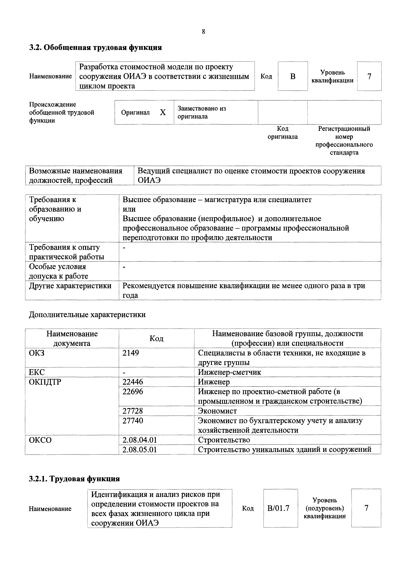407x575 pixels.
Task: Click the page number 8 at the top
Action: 203,32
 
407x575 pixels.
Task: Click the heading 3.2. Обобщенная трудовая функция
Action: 95,47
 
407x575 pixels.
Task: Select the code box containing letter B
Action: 293,76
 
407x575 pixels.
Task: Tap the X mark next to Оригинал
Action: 163,112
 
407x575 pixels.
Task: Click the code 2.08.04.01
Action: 139,440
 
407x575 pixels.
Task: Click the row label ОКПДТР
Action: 45,382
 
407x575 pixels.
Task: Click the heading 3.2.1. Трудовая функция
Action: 74,479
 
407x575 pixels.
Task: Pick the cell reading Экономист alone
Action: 217,411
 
